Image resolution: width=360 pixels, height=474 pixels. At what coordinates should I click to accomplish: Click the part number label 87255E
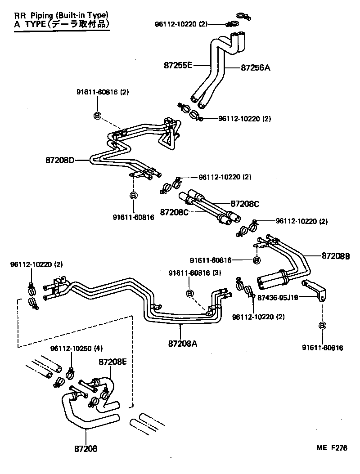point(178,66)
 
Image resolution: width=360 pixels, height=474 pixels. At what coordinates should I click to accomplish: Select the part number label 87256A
point(255,68)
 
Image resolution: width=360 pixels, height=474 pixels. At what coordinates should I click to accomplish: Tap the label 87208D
point(60,160)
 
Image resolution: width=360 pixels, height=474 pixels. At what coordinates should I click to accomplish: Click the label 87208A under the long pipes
point(183,344)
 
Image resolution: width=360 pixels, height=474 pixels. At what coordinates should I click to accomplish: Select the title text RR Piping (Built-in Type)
point(61,15)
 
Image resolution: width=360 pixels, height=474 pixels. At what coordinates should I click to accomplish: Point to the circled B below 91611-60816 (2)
point(97,116)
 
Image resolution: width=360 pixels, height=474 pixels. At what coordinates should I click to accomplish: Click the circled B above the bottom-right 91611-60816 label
point(323,326)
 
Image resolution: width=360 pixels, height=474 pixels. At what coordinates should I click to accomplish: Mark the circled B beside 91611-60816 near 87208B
point(256,260)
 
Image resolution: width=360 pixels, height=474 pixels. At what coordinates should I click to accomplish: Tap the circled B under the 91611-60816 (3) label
point(189,293)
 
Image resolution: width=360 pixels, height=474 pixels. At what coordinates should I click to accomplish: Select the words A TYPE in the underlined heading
point(27,24)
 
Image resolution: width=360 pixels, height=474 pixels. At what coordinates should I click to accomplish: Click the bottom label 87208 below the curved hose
point(85,448)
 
